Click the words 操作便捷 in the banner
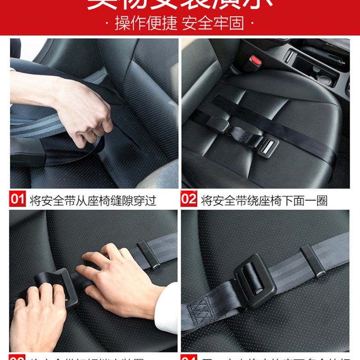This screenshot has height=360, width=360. [146, 23]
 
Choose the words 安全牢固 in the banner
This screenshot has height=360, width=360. [212, 23]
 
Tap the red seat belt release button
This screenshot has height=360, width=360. [256, 60]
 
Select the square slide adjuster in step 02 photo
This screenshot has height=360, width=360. [269, 146]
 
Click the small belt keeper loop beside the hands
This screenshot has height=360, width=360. [148, 254]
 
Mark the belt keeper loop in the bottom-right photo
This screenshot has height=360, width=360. [313, 261]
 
